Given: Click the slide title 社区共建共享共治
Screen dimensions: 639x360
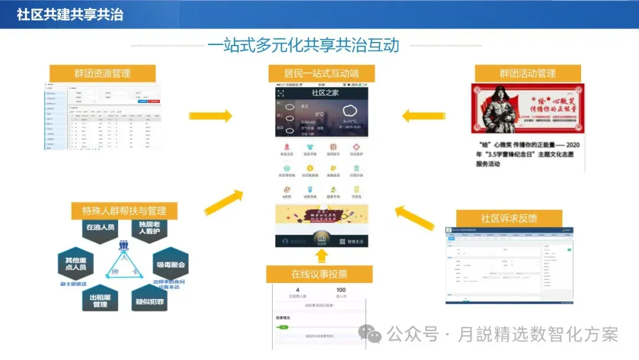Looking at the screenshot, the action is click(x=70, y=14).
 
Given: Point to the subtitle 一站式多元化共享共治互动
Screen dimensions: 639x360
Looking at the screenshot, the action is click(x=303, y=46).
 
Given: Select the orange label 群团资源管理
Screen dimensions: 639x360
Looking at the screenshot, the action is click(x=102, y=73).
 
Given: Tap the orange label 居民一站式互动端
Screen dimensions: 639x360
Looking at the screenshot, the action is click(x=321, y=73).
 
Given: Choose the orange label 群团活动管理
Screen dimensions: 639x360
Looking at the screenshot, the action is click(x=527, y=73).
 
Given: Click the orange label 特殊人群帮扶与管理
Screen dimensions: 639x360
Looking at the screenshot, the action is click(x=124, y=211).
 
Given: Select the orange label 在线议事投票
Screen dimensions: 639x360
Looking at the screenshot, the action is click(x=319, y=274).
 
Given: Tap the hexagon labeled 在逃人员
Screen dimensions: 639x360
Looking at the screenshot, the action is click(x=100, y=227).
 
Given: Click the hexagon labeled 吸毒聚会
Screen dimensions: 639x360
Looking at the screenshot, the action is click(x=170, y=265).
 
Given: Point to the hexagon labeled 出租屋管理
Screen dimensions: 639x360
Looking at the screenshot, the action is click(x=99, y=301).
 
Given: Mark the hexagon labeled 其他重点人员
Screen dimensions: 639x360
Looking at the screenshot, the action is click(x=75, y=263).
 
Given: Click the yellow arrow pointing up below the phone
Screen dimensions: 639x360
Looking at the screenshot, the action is click(x=321, y=255).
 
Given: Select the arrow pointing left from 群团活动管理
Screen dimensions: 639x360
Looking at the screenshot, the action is click(x=423, y=115).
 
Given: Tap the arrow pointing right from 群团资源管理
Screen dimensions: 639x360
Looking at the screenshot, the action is click(x=211, y=115).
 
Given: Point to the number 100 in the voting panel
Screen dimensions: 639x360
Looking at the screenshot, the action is click(x=341, y=290).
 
